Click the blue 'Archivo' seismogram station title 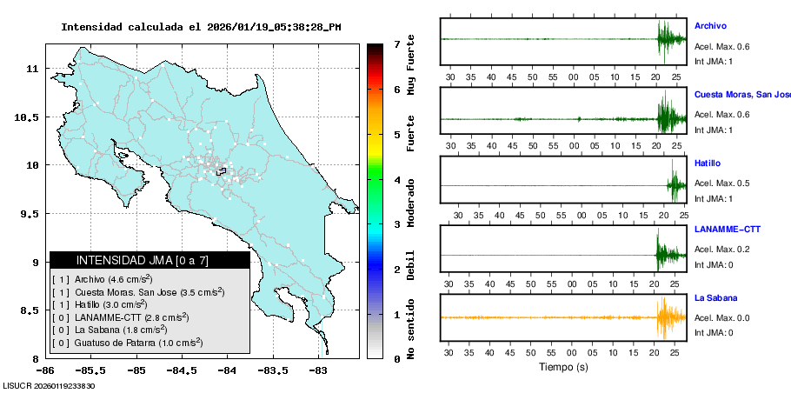coord(710,26)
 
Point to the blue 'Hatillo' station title coord(708,163)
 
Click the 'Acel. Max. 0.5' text coord(721,183)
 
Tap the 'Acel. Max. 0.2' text coord(721,250)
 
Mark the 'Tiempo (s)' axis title coord(563,367)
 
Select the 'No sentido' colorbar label coord(411,331)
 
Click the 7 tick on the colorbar coord(395,43)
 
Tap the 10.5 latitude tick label coord(29,117)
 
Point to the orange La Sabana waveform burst coord(668,317)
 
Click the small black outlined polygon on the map coord(222,171)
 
